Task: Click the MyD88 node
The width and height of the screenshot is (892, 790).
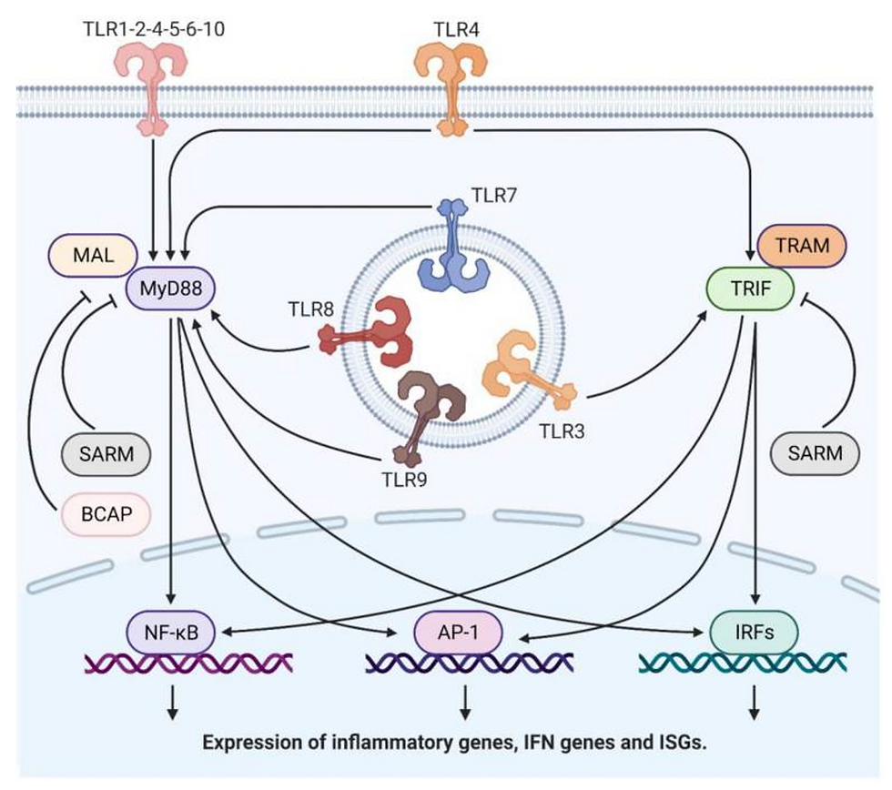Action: coord(171,288)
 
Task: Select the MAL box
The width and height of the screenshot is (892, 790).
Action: coord(93,256)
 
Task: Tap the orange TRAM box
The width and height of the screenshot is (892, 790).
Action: coord(802,246)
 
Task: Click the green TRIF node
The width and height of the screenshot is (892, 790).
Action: coord(750,289)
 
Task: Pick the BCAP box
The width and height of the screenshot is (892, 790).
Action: coord(106,514)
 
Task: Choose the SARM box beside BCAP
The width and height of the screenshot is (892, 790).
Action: coord(106,454)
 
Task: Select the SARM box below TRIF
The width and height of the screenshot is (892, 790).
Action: coord(815,453)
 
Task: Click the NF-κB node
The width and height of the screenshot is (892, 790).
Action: coord(171,632)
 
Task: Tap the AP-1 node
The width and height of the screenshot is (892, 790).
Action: coord(458,632)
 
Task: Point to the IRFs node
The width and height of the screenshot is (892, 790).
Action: coord(755,632)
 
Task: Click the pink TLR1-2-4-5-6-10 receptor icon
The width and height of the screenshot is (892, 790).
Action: coord(151,88)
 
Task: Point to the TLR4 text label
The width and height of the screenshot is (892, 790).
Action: coord(456,29)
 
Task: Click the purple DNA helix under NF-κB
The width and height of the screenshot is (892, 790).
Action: coord(188,663)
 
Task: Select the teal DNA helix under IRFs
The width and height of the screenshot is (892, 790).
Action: coord(743,663)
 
